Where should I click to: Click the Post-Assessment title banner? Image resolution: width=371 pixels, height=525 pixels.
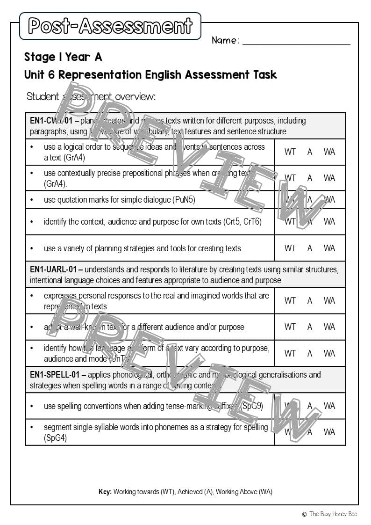click(x=110, y=26)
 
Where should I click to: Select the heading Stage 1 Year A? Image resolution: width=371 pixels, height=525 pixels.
click(x=63, y=57)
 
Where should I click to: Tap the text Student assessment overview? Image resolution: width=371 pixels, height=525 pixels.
click(x=91, y=96)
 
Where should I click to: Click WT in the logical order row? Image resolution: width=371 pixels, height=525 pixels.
click(x=290, y=152)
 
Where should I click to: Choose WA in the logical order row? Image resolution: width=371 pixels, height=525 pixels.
click(x=329, y=152)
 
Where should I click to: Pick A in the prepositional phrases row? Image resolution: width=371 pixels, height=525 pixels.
click(x=310, y=178)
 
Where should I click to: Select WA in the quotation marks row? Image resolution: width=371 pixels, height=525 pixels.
click(x=329, y=200)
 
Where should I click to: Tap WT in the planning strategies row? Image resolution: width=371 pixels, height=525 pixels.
click(x=290, y=248)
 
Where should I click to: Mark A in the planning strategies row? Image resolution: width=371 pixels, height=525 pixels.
click(x=310, y=248)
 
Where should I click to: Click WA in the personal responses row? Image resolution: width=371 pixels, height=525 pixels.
click(x=329, y=300)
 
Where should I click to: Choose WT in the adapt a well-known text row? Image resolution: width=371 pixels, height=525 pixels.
click(x=290, y=327)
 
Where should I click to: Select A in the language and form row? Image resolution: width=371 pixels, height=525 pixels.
click(x=310, y=353)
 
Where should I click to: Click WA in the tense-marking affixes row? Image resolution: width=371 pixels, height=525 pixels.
click(x=329, y=406)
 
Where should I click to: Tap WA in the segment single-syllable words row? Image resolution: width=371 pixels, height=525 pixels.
click(x=329, y=432)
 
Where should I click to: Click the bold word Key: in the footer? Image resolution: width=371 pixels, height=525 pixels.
click(x=105, y=492)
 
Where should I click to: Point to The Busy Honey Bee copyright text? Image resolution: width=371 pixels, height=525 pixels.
click(x=333, y=514)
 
